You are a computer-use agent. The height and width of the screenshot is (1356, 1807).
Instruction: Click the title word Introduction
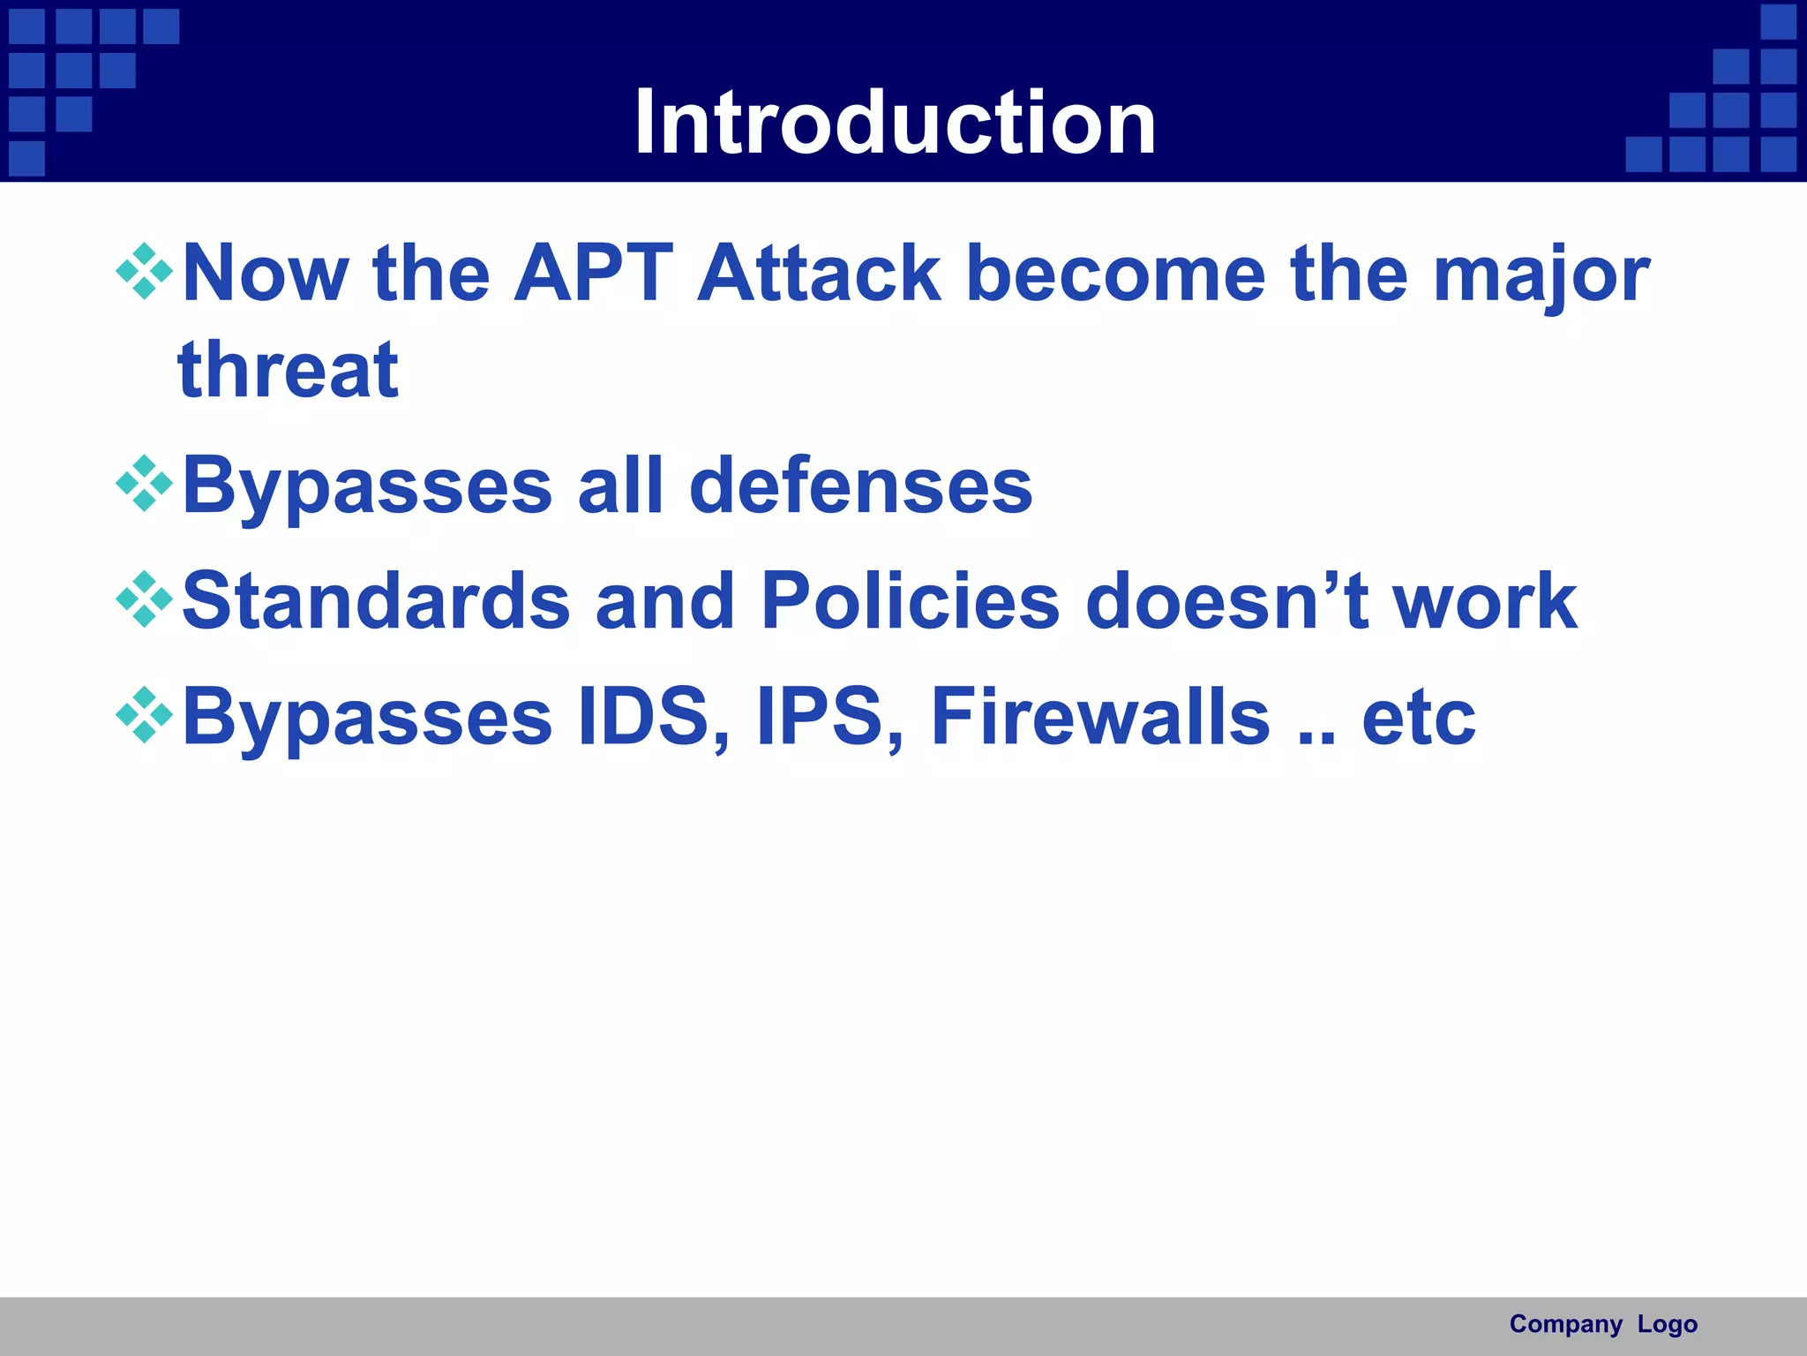895,123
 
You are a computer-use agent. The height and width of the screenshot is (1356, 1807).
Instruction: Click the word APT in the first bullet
594,274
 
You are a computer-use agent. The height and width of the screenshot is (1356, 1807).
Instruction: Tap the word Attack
819,274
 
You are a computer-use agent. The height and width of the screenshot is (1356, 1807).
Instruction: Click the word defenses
860,486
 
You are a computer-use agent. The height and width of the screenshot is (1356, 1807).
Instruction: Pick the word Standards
377,600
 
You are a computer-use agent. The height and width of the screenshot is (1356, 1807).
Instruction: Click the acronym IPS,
830,717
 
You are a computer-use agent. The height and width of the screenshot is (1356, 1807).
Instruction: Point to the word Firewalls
1100,717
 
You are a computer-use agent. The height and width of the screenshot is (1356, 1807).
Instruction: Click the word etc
1418,719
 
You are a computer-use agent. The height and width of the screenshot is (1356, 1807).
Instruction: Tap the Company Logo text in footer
1603,1324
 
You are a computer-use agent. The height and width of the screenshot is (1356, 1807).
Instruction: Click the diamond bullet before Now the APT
144,271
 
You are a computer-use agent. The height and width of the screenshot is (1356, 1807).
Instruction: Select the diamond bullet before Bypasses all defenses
144,483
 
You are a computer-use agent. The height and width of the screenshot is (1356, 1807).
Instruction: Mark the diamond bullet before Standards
144,599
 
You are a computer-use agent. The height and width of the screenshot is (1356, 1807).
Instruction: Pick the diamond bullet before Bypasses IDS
144,715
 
